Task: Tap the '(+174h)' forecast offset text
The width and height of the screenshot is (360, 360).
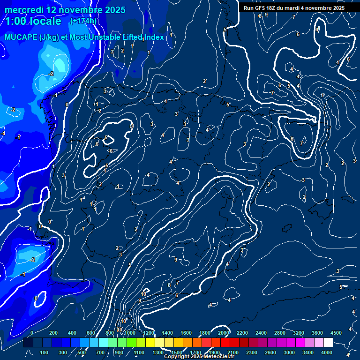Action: click(83, 21)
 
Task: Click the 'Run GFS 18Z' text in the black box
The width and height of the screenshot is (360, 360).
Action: click(259, 8)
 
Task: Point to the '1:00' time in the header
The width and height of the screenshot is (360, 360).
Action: click(16, 22)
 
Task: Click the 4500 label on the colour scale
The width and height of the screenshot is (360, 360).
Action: click(336, 332)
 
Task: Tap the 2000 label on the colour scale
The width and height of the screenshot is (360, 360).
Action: click(224, 332)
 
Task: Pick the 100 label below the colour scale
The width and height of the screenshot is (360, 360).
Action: click(45, 352)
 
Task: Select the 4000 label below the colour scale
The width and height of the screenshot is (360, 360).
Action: click(326, 352)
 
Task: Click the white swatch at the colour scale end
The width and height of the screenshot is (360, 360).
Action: click(328, 343)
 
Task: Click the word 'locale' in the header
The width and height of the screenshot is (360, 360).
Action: click(44, 22)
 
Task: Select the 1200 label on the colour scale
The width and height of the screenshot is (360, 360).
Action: click(148, 332)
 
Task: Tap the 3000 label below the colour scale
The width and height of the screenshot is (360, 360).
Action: click(289, 352)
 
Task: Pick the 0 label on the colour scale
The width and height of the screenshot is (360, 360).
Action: click(32, 332)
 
